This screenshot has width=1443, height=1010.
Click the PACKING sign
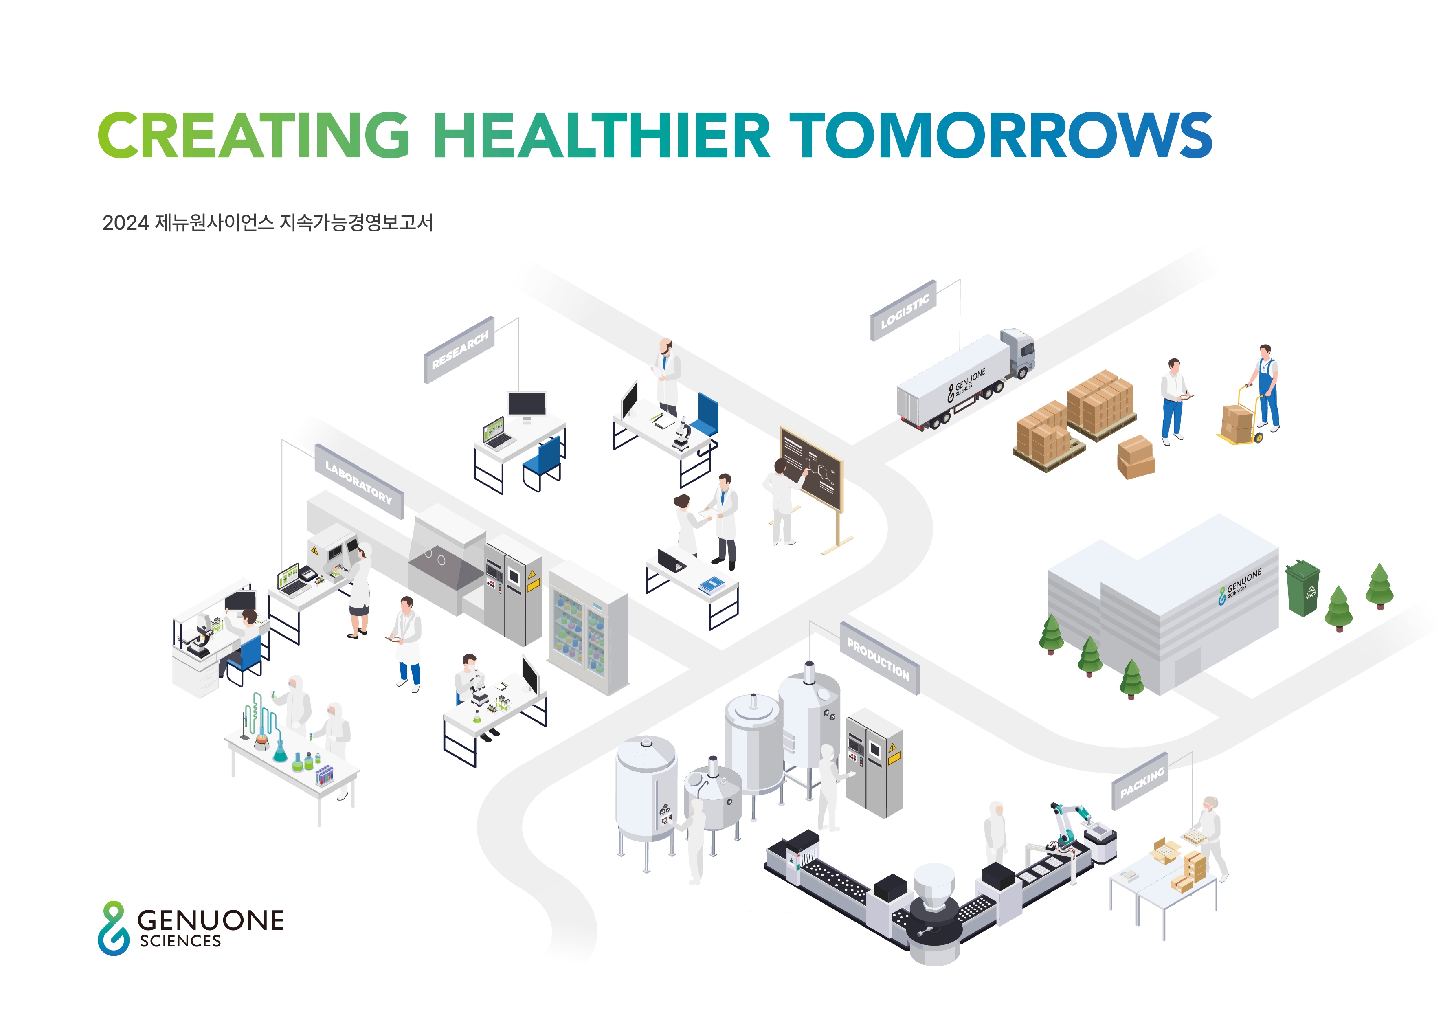click(1140, 782)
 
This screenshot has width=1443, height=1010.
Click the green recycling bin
click(1303, 588)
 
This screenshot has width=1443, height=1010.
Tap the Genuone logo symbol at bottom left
click(114, 928)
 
